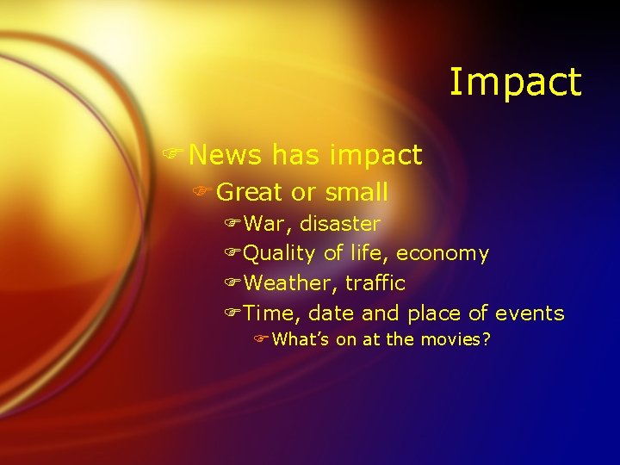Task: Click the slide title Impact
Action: (515, 83)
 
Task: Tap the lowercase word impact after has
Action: (380, 156)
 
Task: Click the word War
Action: (268, 224)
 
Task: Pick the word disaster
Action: (340, 224)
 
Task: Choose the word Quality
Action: (280, 253)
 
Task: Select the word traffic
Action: (375, 283)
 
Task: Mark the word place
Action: (434, 314)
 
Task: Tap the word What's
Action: (301, 339)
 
